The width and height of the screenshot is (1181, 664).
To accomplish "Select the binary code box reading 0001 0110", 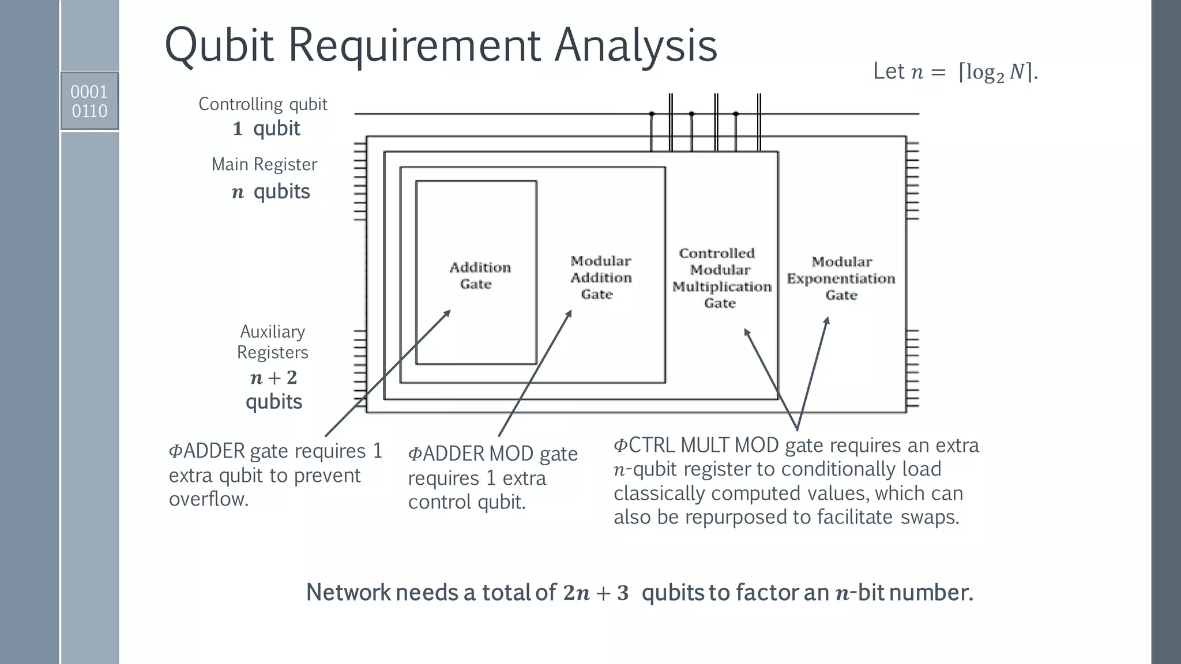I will [x=89, y=101].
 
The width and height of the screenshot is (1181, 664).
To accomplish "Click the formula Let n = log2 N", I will [x=955, y=71].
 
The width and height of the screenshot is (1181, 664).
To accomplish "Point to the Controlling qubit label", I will [x=262, y=104].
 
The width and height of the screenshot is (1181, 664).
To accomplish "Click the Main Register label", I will [x=264, y=164].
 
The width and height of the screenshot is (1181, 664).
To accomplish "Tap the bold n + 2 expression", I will [x=273, y=378].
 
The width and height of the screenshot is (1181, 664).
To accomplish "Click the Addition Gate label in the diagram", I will [x=479, y=276].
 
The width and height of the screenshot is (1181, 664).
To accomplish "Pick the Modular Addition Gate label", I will [x=600, y=277].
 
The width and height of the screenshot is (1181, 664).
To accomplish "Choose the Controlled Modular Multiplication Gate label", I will [x=721, y=278].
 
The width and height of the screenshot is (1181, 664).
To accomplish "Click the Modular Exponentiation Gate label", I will [x=841, y=278].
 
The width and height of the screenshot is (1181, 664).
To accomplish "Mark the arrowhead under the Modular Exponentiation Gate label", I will [x=826, y=320].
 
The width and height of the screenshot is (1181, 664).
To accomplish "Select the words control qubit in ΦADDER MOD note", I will [x=467, y=502].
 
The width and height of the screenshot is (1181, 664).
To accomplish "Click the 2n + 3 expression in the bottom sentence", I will [x=596, y=593].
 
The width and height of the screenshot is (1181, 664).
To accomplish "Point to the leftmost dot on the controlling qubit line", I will [x=652, y=114].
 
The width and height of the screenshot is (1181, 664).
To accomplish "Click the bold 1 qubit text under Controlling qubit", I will [x=266, y=128].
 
